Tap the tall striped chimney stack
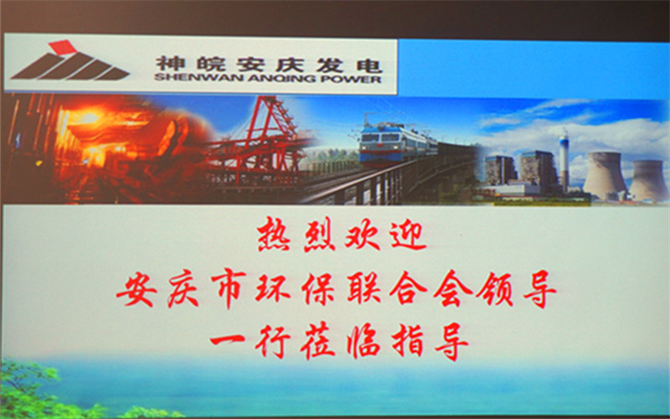point(564,162)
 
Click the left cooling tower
point(605,176)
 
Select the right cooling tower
point(648,180)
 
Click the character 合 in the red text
point(407,290)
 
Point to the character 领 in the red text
point(496,291)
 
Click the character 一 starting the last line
point(227,339)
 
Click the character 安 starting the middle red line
point(137,290)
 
